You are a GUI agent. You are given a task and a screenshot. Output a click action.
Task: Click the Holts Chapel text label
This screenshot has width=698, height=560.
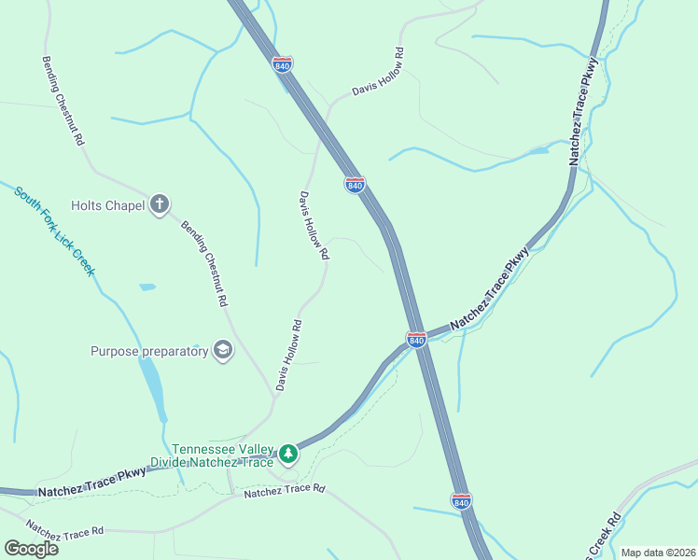[x=107, y=205]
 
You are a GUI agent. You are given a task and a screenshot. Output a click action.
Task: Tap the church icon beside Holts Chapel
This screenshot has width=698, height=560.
[x=160, y=204]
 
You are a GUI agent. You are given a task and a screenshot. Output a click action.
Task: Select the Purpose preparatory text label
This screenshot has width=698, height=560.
[x=148, y=351]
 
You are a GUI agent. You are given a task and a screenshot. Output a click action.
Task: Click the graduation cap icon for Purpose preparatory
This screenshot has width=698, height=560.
[x=223, y=350]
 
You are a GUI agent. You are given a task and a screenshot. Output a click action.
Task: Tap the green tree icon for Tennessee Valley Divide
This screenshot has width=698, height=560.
[x=289, y=454]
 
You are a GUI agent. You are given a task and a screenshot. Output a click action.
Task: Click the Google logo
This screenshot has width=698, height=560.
[x=31, y=548]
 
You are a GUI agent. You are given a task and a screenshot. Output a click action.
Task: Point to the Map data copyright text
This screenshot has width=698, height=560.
[x=659, y=553]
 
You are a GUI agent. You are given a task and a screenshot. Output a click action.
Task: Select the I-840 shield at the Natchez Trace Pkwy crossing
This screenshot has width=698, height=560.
[x=416, y=338]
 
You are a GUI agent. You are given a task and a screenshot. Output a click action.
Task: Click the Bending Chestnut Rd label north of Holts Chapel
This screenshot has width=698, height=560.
[x=63, y=100]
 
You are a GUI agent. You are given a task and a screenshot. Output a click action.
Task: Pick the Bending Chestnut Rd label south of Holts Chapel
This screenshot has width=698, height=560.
[x=203, y=264]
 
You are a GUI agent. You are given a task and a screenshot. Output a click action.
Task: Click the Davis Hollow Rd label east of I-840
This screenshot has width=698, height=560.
[x=378, y=72]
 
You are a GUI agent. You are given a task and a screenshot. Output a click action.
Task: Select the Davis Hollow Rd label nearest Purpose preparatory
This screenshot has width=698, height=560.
[x=289, y=356]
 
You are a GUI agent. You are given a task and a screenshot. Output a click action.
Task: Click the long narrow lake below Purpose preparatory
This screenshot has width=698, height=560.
[x=153, y=387]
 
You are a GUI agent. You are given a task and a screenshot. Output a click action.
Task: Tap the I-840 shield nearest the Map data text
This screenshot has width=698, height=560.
[x=461, y=500]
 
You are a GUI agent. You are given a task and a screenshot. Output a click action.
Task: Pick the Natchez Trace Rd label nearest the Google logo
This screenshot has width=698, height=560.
[x=65, y=529]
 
